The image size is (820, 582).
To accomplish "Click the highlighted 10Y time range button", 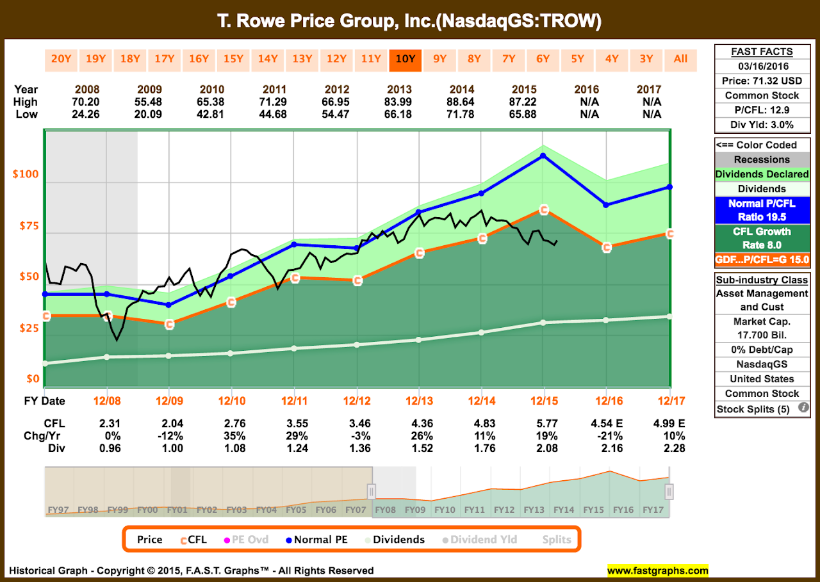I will [405, 59].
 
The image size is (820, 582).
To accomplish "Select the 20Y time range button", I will [61, 59].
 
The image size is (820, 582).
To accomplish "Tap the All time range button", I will [680, 59].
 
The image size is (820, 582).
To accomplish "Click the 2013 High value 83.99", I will [418, 102].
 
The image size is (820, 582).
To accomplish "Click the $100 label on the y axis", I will [26, 174].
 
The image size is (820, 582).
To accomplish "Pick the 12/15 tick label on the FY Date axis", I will [543, 401].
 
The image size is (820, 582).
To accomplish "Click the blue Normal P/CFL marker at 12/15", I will [543, 156].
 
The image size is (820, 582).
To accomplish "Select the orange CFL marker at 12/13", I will [419, 254].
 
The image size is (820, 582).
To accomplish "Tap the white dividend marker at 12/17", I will [669, 316].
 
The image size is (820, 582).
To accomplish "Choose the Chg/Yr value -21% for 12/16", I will [605, 436].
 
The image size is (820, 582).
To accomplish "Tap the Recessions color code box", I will [762, 159].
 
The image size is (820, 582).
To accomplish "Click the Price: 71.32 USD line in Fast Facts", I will [762, 81].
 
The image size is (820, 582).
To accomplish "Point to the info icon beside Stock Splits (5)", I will [803, 408].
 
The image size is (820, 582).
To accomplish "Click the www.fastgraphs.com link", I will [657, 570].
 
